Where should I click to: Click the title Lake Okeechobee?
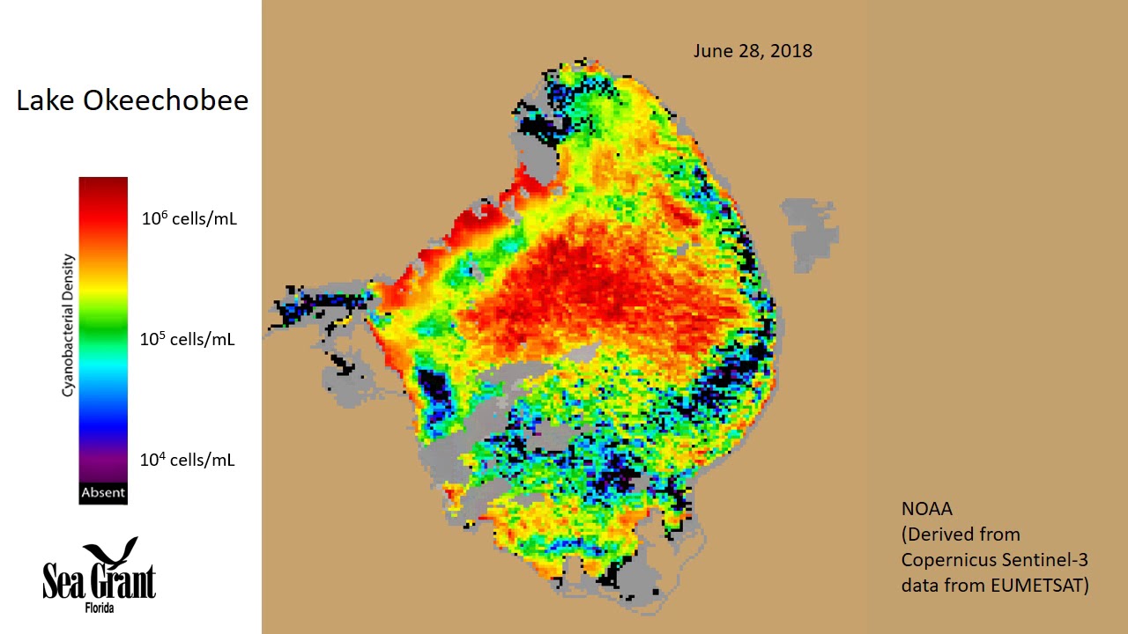(132, 100)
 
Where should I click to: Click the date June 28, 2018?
(753, 51)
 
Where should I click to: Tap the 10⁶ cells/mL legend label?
(189, 218)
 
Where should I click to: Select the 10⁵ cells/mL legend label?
(188, 339)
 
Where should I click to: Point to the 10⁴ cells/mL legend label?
(188, 460)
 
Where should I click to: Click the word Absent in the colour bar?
(103, 493)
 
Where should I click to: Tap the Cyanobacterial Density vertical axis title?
(68, 325)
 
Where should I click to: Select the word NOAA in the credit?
(927, 509)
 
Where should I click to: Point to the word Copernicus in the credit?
(948, 559)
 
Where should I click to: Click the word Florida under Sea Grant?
(100, 608)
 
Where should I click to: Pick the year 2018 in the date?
(791, 51)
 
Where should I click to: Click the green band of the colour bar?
(103, 330)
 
